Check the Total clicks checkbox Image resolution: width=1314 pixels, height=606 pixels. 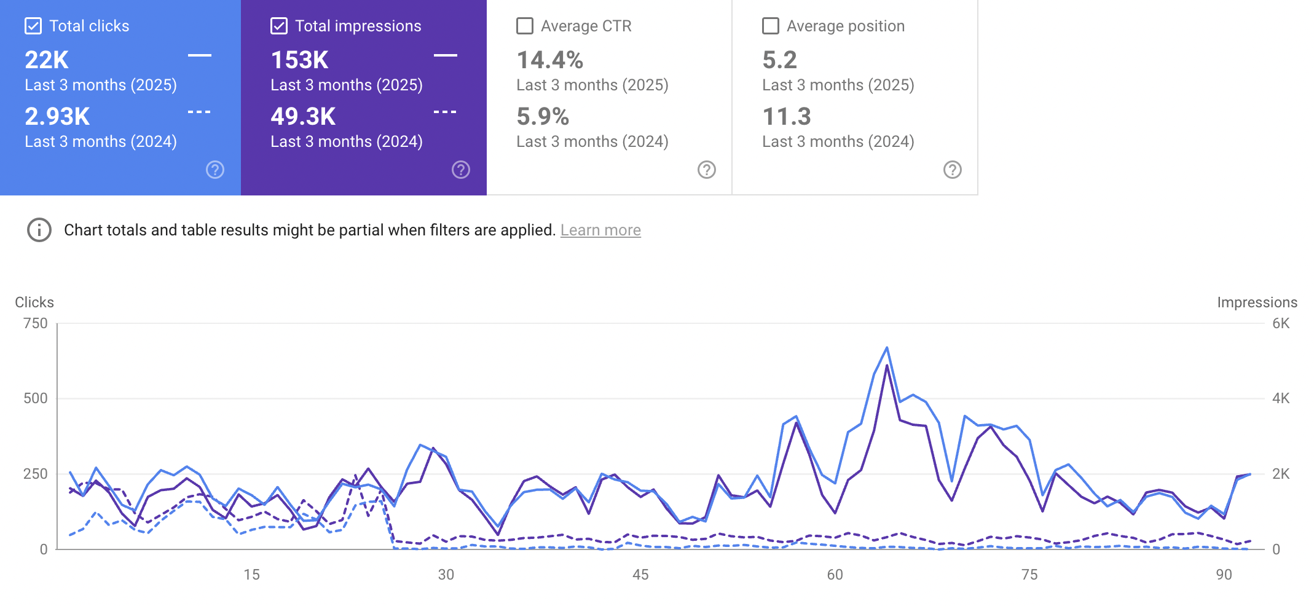33,26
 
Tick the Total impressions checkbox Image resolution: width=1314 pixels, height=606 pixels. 279,26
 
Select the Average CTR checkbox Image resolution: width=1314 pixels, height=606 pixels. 525,26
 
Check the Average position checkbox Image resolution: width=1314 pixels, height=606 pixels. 771,26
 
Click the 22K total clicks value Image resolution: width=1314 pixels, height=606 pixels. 47,60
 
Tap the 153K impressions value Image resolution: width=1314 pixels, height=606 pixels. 300,60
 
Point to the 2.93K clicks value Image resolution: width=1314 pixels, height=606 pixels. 57,117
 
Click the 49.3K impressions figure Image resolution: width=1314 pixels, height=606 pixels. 303,117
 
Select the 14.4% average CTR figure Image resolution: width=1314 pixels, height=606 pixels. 549,60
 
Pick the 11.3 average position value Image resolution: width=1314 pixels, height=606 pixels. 787,117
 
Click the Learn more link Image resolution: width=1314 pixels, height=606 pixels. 600,230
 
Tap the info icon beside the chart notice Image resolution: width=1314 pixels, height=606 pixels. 39,230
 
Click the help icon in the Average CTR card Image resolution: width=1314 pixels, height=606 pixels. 707,170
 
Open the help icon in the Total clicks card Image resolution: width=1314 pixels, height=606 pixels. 215,170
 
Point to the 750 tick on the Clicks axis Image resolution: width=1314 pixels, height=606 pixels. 36,323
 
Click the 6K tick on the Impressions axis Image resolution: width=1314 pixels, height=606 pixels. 1281,323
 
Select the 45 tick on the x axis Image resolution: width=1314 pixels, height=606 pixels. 640,575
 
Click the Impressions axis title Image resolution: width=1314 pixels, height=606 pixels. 1257,302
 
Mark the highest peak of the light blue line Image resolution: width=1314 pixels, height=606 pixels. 887,348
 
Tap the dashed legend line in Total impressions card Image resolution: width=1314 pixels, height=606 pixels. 445,112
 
